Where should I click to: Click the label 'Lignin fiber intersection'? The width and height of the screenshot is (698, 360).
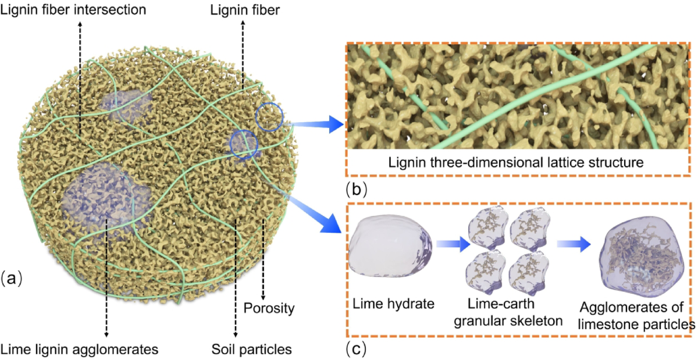(x=73, y=10)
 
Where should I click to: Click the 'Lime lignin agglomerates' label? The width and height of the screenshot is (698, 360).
(x=80, y=350)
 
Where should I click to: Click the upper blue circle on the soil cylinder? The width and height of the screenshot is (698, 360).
(x=269, y=117)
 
